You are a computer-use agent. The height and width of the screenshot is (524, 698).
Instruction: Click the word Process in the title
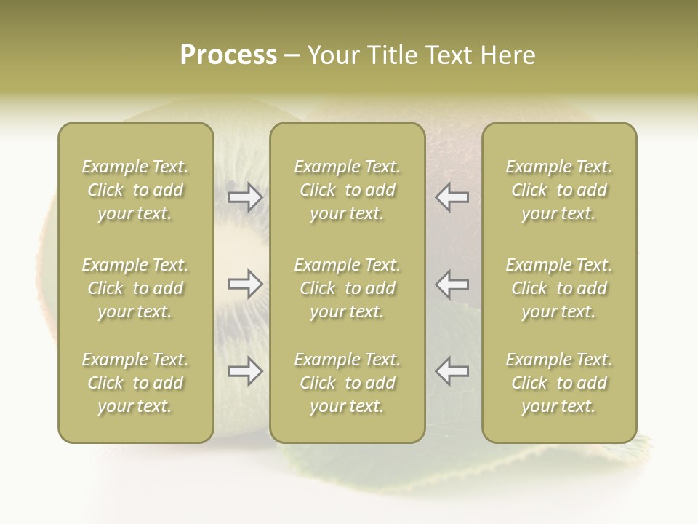228,55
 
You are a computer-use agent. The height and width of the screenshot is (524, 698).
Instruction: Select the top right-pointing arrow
245,197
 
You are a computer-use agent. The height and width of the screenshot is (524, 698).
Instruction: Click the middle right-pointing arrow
245,284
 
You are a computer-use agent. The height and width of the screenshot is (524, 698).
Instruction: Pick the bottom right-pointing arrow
245,371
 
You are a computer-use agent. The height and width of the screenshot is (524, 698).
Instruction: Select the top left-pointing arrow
452,197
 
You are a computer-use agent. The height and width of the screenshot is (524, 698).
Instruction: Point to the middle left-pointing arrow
452,284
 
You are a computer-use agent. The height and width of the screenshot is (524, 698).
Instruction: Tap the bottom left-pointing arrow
452,371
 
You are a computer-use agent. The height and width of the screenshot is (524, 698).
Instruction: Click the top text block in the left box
135,190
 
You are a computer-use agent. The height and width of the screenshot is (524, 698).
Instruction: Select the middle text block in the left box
135,288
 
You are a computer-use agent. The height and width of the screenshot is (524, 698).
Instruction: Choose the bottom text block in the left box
135,383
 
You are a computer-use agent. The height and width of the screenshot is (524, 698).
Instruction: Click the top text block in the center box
348,190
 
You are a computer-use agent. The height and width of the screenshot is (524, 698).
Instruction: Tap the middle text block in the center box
348,288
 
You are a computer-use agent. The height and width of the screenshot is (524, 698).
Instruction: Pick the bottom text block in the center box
348,383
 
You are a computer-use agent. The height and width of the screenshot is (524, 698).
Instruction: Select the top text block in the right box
559,190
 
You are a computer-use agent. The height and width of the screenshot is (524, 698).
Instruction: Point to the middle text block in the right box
559,288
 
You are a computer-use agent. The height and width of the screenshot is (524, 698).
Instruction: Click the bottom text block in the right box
559,383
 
